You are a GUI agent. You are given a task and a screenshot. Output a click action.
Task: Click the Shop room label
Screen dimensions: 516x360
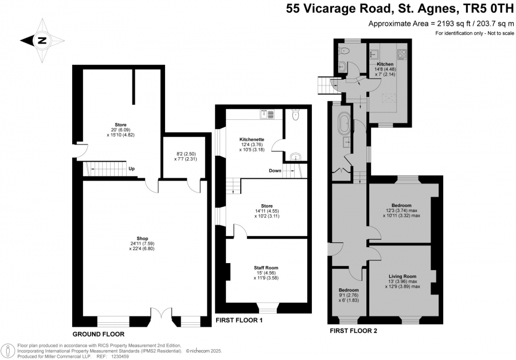(142, 238)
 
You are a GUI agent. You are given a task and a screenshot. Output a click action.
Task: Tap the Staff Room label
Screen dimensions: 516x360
(266, 268)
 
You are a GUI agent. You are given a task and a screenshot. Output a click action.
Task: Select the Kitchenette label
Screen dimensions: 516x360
(252, 139)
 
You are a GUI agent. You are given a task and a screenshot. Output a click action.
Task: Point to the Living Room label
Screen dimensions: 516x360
(402, 276)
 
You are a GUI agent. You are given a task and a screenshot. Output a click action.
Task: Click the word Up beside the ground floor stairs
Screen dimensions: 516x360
(132, 169)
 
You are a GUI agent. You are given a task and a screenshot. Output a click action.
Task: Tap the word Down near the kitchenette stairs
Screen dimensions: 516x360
(275, 170)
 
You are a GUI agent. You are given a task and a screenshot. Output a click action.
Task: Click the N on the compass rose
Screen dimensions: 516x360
(42, 41)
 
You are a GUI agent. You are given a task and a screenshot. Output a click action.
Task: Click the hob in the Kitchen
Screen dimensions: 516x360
(402, 54)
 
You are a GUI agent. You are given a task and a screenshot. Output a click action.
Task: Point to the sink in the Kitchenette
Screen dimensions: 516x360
(267, 114)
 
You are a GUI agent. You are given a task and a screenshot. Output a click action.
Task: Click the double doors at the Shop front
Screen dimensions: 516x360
(161, 313)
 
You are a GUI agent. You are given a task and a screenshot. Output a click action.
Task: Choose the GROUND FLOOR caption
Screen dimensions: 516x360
(99, 334)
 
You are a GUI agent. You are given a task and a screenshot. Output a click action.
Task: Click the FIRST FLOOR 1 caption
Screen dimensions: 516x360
(239, 320)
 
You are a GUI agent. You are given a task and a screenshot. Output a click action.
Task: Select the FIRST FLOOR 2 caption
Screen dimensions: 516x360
(353, 331)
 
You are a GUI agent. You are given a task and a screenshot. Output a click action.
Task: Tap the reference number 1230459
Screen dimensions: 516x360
(120, 356)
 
